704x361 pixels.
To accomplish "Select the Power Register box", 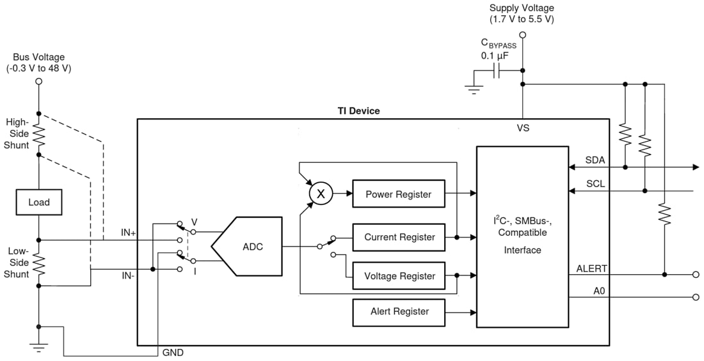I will (x=399, y=194).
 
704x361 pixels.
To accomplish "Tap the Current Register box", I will (x=399, y=237).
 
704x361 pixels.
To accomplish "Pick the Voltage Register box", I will (x=399, y=276).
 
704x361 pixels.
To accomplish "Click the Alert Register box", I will (x=399, y=312).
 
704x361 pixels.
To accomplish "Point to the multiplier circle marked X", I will (x=321, y=194).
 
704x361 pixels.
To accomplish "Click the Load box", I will (x=38, y=203).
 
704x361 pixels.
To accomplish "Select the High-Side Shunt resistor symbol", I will (x=38, y=135).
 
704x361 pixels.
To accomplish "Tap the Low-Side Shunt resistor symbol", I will (x=38, y=264).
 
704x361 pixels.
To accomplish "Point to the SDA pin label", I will (x=594, y=159).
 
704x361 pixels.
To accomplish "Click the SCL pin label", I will (x=594, y=183).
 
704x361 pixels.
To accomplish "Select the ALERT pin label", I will (x=592, y=268).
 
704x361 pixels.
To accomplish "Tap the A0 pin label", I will (x=598, y=290).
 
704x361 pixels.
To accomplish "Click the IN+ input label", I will (x=128, y=233).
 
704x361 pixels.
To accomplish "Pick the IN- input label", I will (x=127, y=275).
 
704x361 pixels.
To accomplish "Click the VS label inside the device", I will (x=523, y=128).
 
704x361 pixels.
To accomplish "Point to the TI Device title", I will (x=358, y=111).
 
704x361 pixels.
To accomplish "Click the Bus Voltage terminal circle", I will (x=38, y=82).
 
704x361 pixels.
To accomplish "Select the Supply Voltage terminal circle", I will (x=523, y=36).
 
